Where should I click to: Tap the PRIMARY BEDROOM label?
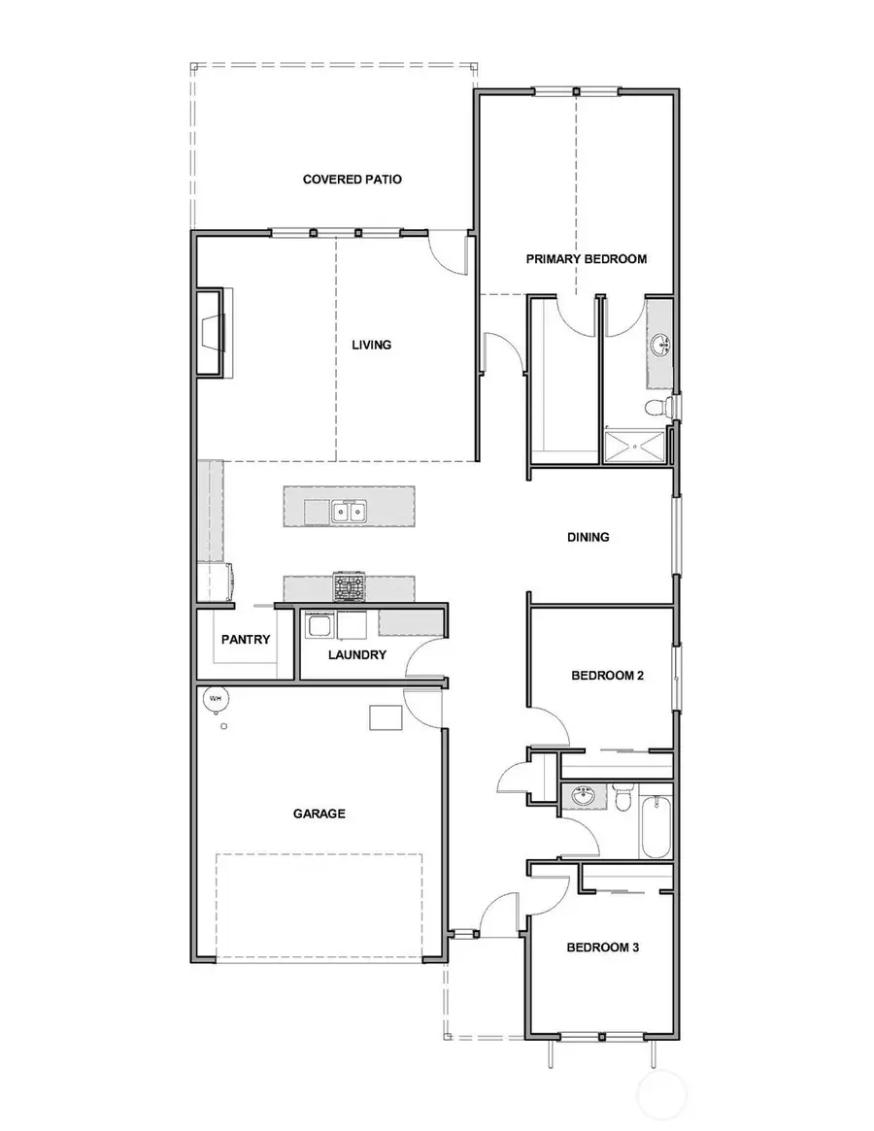586,259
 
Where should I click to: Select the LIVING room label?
371,345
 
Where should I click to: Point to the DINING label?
588,537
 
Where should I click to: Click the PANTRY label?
245,640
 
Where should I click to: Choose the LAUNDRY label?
356,655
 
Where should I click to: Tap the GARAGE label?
319,814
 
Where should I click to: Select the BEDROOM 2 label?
607,676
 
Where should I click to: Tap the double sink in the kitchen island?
348,511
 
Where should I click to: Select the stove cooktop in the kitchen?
349,587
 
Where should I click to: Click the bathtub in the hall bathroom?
655,826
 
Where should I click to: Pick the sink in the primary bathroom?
661,343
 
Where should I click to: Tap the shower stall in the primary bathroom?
635,447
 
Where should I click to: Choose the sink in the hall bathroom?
584,797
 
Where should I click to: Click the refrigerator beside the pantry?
215,582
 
